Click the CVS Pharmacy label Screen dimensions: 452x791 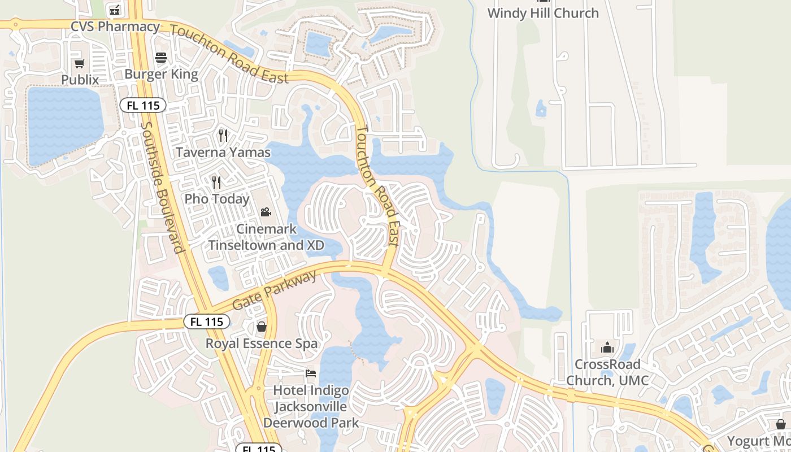pyautogui.click(x=115, y=27)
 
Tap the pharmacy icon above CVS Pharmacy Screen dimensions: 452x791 pyautogui.click(x=115, y=10)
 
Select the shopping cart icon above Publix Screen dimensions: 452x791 pyautogui.click(x=80, y=63)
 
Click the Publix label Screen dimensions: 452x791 pyautogui.click(x=80, y=80)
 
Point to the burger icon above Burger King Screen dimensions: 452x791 pyautogui.click(x=161, y=57)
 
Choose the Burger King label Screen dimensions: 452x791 pyautogui.click(x=161, y=74)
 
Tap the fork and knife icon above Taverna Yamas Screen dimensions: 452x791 pyautogui.click(x=223, y=136)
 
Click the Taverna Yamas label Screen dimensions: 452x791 pyautogui.click(x=223, y=153)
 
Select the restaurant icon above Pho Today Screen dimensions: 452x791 pyautogui.click(x=216, y=182)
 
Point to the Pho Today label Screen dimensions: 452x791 pyautogui.click(x=217, y=199)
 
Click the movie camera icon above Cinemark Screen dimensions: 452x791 pyautogui.click(x=266, y=212)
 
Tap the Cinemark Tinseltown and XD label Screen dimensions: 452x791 pyautogui.click(x=267, y=237)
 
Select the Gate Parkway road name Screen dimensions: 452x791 pyautogui.click(x=275, y=290)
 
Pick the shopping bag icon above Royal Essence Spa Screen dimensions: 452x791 pyautogui.click(x=262, y=327)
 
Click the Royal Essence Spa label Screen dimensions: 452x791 pyautogui.click(x=262, y=344)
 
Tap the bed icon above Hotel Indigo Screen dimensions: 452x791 pyautogui.click(x=311, y=373)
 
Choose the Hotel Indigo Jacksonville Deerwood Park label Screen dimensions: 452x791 pyautogui.click(x=311, y=406)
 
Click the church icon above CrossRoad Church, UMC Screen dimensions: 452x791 pyautogui.click(x=607, y=347)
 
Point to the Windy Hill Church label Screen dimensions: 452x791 pyautogui.click(x=543, y=13)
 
